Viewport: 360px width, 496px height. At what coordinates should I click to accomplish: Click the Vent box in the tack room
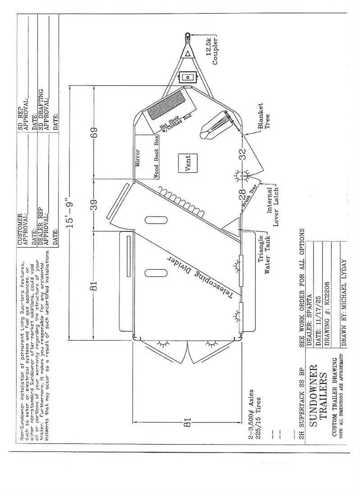pos(187,163)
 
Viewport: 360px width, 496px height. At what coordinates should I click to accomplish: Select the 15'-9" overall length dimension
pos(69,213)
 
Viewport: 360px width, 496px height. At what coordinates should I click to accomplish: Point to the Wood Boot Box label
pos(156,157)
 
